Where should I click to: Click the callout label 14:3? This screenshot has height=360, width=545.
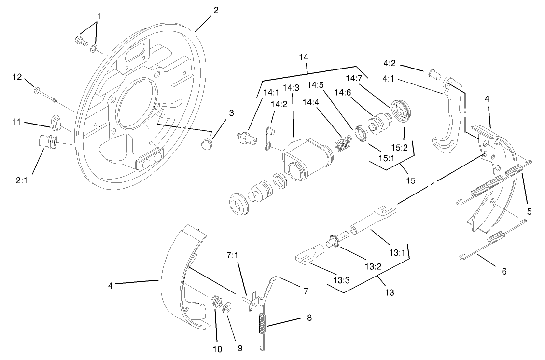point(291,88)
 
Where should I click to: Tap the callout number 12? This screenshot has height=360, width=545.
point(17,77)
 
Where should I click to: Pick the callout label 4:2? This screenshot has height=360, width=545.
point(391,63)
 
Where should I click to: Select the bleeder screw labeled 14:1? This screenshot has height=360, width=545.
point(245,138)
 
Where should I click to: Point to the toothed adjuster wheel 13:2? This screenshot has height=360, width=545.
point(333,240)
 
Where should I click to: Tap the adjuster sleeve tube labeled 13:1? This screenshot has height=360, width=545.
point(372,218)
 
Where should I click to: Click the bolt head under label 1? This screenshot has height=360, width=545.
point(80,41)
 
